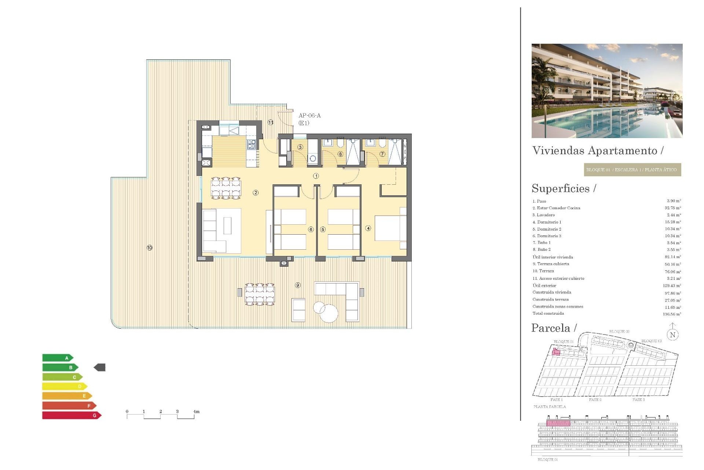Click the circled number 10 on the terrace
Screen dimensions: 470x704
[150, 248]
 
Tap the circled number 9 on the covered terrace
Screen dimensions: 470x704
[298, 285]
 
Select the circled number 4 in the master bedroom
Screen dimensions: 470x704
[368, 228]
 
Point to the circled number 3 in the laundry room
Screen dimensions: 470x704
[300, 147]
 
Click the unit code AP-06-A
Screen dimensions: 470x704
[309, 116]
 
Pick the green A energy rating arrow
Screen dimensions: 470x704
[58, 358]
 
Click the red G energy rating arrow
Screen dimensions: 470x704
[71, 415]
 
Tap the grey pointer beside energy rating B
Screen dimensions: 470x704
[100, 367]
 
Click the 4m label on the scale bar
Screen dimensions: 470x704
[196, 412]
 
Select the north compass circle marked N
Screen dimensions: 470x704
[672, 335]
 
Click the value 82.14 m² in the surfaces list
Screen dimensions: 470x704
[672, 257]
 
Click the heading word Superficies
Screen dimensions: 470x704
[560, 188]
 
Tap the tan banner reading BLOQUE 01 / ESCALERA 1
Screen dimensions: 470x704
[632, 170]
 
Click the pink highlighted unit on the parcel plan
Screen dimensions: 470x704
[556, 352]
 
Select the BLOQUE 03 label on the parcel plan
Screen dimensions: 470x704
[651, 341]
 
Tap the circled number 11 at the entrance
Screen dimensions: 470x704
[271, 122]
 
